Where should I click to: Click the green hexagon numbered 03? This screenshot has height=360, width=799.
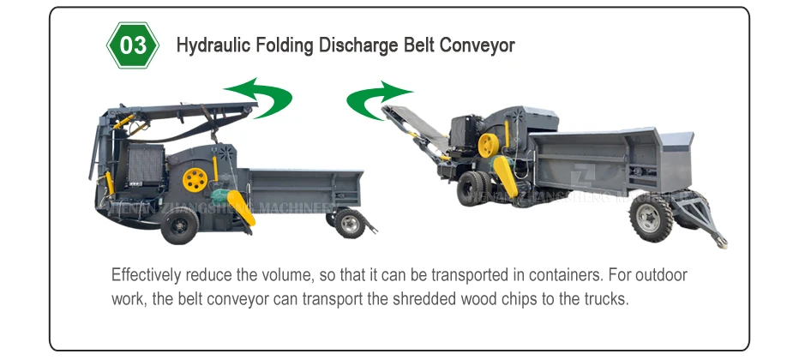point(134,45)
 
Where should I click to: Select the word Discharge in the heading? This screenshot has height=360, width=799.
point(354,45)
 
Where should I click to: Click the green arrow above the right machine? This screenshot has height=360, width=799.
point(377,100)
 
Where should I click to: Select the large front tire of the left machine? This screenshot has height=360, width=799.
point(181,225)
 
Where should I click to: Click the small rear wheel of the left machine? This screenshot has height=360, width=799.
point(348,223)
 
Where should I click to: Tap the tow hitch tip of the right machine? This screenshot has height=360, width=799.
point(725,245)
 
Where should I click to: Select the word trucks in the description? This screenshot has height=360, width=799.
point(608,300)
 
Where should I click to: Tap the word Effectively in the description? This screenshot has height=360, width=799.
point(144,276)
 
